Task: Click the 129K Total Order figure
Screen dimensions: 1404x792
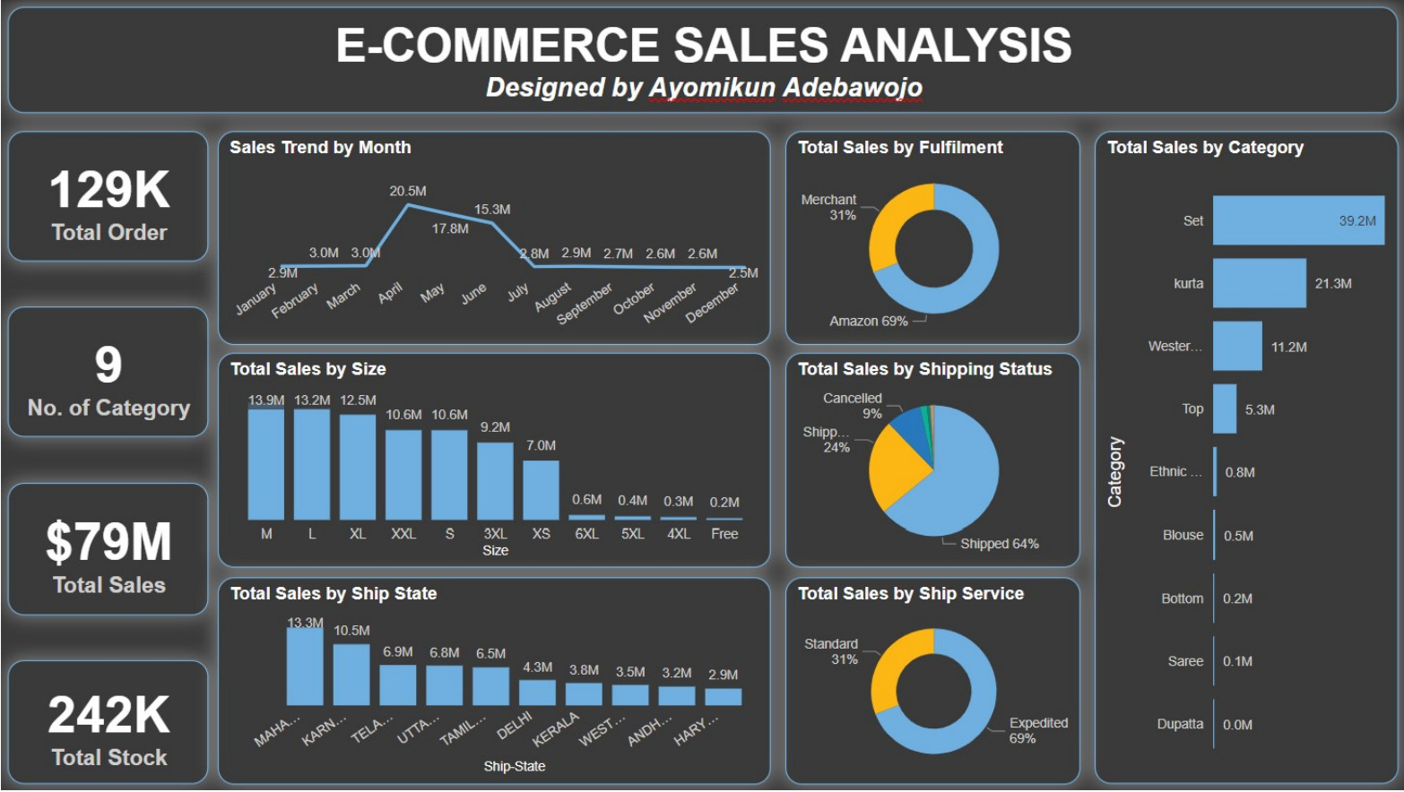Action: pos(109,190)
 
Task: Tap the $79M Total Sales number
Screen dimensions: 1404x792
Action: pos(108,541)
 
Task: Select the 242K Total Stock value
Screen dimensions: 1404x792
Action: pos(108,715)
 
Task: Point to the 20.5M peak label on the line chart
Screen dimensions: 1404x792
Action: pos(407,191)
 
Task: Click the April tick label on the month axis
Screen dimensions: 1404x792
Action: pos(390,293)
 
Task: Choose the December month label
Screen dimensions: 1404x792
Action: pos(712,303)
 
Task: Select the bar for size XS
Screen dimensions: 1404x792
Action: pos(541,490)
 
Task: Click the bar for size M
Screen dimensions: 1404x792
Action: pos(265,464)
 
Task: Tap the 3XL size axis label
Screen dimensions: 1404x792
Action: pos(495,534)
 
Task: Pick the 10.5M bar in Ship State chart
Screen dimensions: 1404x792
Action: pos(351,675)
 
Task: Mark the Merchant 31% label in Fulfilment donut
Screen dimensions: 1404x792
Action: pos(828,207)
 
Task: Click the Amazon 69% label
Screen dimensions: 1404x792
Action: pos(868,322)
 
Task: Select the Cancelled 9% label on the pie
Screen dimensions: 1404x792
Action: pos(853,406)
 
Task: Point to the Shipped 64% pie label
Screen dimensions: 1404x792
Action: pos(1000,544)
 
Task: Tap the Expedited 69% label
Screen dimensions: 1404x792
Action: pos(1038,730)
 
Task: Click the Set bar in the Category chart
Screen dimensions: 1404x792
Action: pos(1299,220)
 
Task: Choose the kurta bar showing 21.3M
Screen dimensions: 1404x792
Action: pos(1260,283)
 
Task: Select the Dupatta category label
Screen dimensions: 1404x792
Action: pos(1180,724)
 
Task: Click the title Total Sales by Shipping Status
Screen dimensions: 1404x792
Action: pos(924,369)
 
